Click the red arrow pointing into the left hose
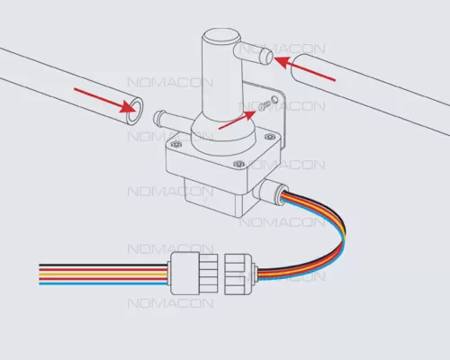point(103,101)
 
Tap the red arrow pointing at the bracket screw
point(238,120)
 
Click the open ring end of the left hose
point(135,110)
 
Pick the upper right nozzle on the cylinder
point(254,53)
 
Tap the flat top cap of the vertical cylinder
point(221,36)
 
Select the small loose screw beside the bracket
point(265,105)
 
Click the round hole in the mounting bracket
point(274,99)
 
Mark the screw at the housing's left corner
point(175,145)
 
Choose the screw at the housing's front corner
point(238,164)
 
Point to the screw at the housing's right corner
point(269,137)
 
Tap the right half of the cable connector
point(240,274)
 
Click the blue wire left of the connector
point(103,283)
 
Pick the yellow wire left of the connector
point(103,274)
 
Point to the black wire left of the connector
point(103,265)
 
